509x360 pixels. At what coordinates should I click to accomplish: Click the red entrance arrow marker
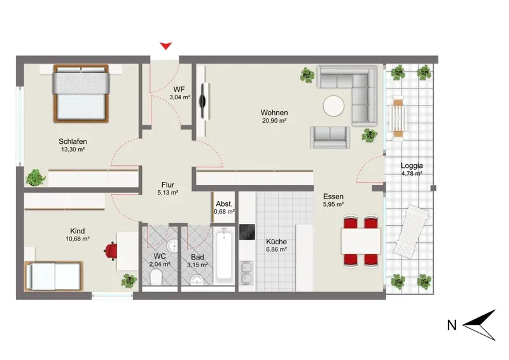(166, 46)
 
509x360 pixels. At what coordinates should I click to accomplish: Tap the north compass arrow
(480, 325)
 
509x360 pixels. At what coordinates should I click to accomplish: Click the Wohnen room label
(274, 113)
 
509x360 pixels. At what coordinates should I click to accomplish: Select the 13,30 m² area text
(73, 149)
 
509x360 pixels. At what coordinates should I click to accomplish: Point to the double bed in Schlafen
(81, 93)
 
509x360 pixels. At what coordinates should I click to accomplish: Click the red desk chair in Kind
(111, 251)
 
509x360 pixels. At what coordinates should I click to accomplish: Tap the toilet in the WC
(156, 278)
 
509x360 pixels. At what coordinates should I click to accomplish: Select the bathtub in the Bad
(224, 254)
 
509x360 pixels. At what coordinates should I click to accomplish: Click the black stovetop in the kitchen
(247, 232)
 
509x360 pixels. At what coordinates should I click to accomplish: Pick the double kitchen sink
(247, 273)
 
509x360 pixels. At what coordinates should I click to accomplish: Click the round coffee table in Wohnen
(333, 106)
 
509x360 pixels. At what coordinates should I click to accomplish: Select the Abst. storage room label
(225, 204)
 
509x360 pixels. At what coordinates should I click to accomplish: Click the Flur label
(168, 184)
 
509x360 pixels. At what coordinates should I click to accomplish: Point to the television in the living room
(204, 100)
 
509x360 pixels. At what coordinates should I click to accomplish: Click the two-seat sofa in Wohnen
(330, 137)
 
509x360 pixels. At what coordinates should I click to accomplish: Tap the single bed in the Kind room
(54, 276)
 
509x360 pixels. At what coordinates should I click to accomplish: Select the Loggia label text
(412, 166)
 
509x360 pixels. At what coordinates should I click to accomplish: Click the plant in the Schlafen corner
(36, 177)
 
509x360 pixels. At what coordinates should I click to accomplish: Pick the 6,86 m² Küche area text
(276, 249)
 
